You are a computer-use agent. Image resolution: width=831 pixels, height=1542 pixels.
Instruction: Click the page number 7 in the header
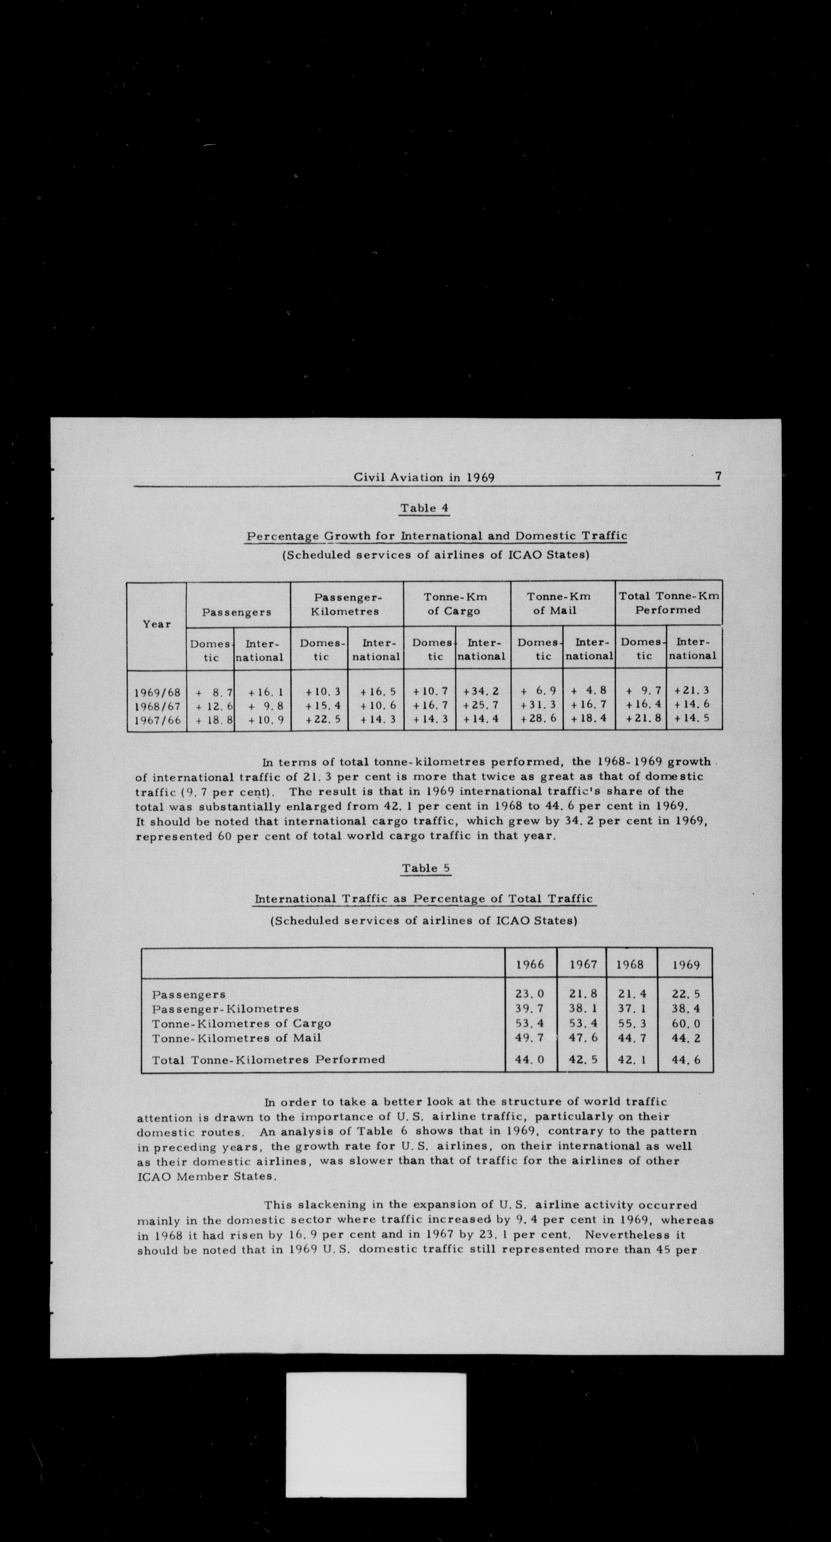pyautogui.click(x=717, y=477)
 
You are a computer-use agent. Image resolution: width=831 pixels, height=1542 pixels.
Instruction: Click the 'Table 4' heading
pyautogui.click(x=424, y=508)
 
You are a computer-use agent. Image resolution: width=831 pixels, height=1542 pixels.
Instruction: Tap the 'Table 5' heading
pyautogui.click(x=426, y=868)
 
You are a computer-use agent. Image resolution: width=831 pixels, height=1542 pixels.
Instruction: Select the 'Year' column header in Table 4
pyautogui.click(x=157, y=624)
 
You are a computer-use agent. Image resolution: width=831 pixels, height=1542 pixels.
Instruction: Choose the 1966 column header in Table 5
pyautogui.click(x=530, y=965)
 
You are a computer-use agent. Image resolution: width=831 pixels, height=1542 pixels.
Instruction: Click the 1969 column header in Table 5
pyautogui.click(x=686, y=965)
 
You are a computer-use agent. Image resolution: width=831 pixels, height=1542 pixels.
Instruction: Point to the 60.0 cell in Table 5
pyautogui.click(x=686, y=1024)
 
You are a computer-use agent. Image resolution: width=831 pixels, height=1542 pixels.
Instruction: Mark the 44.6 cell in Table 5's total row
pyautogui.click(x=686, y=1060)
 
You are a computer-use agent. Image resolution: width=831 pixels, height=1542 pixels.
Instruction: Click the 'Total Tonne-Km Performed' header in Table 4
pyautogui.click(x=668, y=603)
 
